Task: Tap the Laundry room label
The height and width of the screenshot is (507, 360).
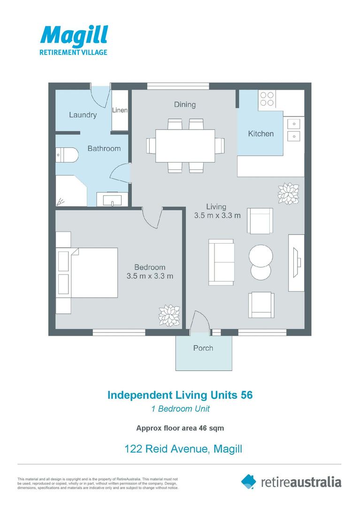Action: (x=83, y=115)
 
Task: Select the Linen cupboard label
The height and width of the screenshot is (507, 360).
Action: (x=120, y=110)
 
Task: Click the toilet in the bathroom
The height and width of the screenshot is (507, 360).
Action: (x=67, y=155)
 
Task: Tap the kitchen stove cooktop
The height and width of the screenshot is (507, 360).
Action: (x=267, y=99)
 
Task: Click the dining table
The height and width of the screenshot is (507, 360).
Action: (x=185, y=146)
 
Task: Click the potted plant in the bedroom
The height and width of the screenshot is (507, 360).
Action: (x=169, y=315)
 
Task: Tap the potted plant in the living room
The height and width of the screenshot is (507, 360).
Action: (x=289, y=194)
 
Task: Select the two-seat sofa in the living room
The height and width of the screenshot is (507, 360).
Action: (x=221, y=262)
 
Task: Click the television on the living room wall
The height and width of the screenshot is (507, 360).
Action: (x=297, y=262)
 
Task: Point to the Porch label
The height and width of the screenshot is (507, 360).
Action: (x=203, y=348)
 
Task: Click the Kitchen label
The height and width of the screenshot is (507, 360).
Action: (x=261, y=133)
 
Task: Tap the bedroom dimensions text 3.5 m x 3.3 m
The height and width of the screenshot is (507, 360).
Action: (x=150, y=276)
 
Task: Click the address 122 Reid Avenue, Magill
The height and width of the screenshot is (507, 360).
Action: (x=183, y=449)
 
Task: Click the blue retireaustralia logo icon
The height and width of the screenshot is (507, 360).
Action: (x=248, y=482)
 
